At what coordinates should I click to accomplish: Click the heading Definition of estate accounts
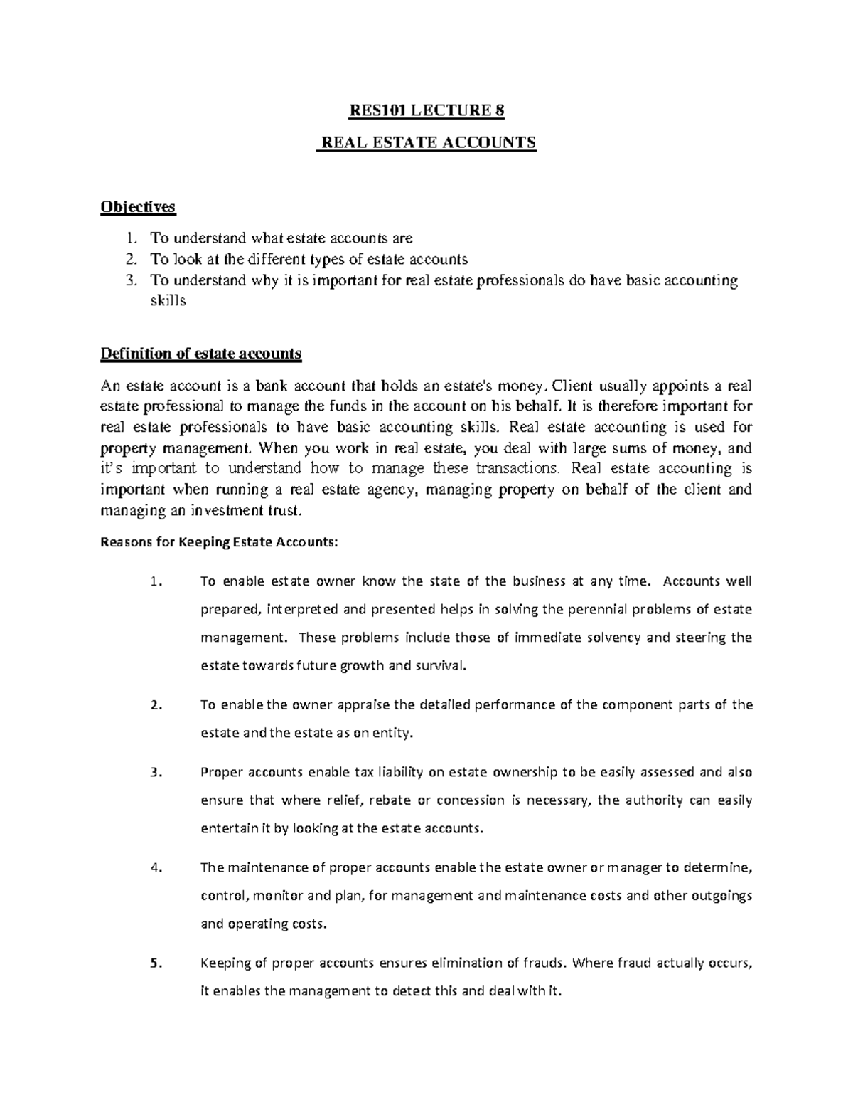(x=201, y=354)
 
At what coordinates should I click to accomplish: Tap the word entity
(x=390, y=733)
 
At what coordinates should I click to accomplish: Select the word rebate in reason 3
(x=390, y=800)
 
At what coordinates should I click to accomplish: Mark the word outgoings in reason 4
(x=721, y=896)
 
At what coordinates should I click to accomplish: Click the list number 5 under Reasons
(x=156, y=964)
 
